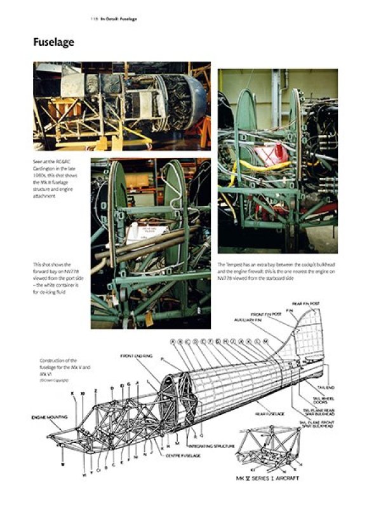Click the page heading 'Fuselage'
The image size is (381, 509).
coord(54,43)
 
